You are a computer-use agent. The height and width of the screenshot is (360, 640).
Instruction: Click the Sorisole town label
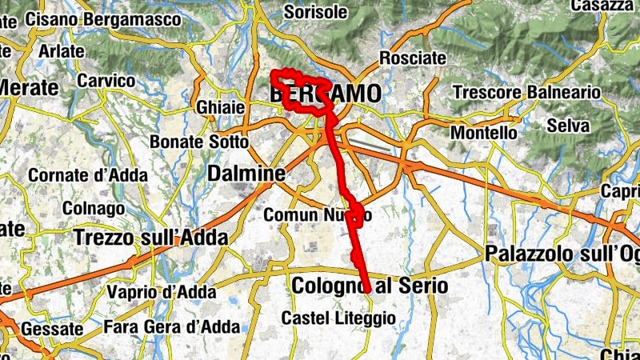pos(316,12)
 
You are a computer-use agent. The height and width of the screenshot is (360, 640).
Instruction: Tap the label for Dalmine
pos(246,173)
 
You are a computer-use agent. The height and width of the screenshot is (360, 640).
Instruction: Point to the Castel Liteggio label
pos(338,318)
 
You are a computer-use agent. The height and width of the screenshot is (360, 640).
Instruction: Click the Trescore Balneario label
pos(526,92)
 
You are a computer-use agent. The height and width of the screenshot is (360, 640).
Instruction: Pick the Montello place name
pos(484,132)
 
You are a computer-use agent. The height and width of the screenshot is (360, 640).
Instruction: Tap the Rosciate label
pos(412,58)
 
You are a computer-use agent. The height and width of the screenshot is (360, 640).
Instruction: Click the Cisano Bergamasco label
pos(89,17)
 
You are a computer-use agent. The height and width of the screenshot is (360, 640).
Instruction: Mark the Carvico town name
pos(106,81)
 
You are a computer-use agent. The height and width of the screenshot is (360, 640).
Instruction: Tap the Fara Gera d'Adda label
pos(172,326)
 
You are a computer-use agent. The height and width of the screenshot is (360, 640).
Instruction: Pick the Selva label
pos(568,126)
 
